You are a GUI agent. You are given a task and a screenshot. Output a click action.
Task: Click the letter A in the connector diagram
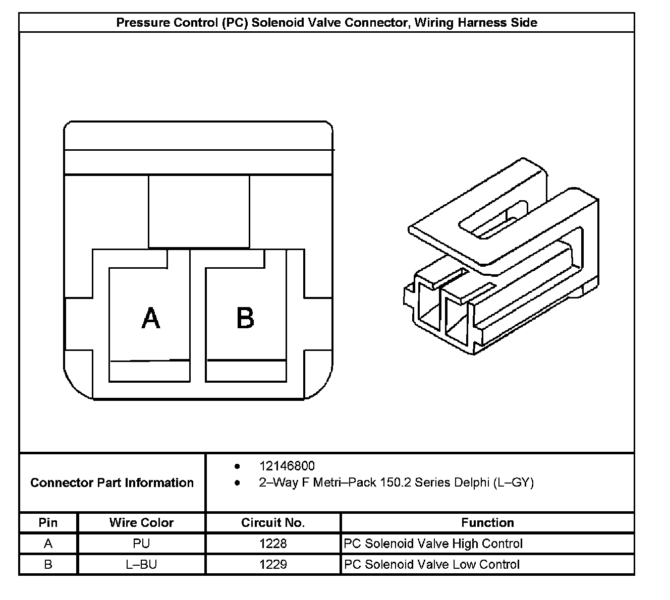point(151,318)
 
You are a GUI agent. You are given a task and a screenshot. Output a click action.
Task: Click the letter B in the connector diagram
point(245,318)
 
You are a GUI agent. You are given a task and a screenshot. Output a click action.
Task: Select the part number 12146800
point(287,466)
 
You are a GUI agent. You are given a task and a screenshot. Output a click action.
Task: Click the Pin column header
point(48,523)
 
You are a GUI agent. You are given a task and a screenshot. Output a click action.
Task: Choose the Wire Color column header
point(141,523)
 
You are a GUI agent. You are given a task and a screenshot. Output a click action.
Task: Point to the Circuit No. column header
point(273,523)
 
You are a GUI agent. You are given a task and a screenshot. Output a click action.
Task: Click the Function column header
point(487,523)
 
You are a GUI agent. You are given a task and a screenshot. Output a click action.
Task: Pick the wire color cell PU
point(141,544)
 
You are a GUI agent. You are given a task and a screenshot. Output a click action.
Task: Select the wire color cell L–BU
point(141,564)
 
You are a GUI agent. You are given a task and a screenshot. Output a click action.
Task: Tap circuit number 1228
point(273,544)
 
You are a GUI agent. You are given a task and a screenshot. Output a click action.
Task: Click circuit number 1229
point(273,564)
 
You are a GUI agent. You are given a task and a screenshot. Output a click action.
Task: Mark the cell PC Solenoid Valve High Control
point(433,544)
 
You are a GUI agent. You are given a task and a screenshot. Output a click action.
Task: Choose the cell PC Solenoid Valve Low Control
point(431,564)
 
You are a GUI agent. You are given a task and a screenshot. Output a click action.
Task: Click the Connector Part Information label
point(112,483)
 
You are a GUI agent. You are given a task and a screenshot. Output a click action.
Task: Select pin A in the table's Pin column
point(48,544)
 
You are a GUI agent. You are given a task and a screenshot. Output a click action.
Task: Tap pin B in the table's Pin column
point(48,564)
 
